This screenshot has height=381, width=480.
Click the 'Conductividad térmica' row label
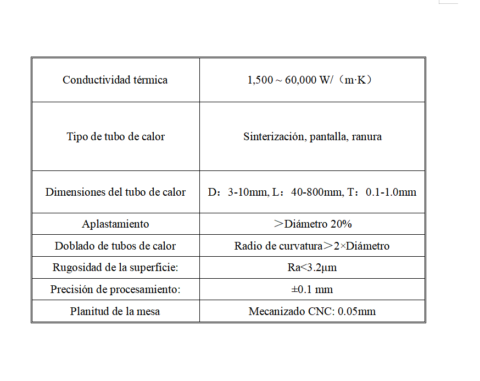tap(115, 80)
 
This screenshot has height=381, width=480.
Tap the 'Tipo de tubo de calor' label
tap(115, 136)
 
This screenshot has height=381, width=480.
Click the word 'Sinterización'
tap(274, 136)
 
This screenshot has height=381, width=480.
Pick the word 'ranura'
tap(366, 136)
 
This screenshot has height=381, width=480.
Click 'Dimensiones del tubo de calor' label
tap(115, 192)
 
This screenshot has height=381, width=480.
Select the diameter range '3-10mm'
tap(247, 192)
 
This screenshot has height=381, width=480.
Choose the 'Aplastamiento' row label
tap(115, 224)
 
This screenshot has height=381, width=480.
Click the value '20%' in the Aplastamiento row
tap(341, 224)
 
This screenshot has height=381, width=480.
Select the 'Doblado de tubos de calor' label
tap(115, 246)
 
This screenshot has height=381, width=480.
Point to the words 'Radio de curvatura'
tap(272, 246)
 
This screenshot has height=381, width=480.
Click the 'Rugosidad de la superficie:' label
tap(115, 268)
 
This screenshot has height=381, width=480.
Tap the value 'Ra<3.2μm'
tap(312, 268)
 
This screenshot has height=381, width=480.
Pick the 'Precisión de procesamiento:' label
tap(115, 289)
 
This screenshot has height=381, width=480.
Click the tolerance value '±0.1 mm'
tap(312, 289)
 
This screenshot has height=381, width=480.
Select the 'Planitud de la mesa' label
tap(115, 311)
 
